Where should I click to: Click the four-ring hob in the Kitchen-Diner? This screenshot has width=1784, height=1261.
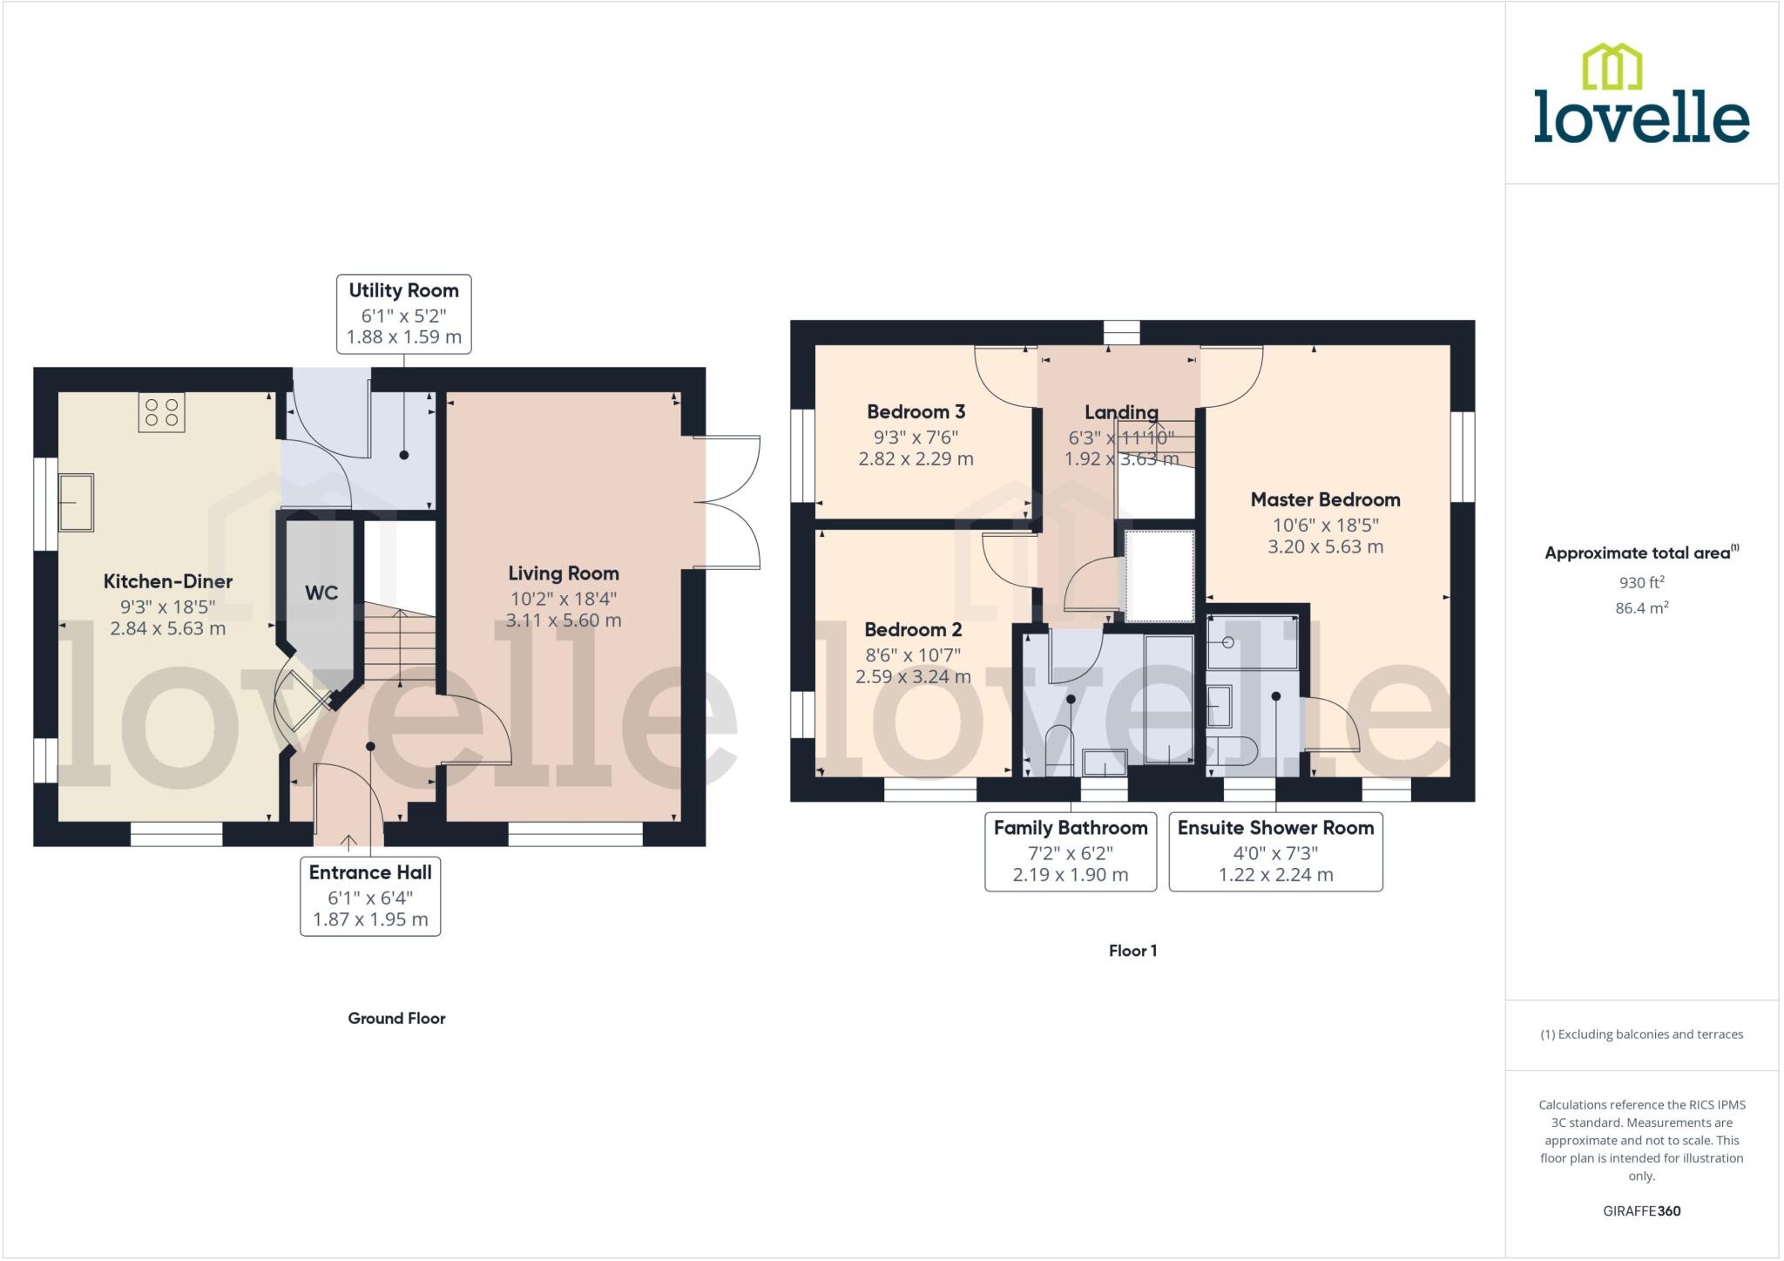pos(161,412)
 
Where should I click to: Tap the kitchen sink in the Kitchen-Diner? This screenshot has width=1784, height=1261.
pos(76,502)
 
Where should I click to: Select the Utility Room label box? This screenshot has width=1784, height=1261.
pos(403,314)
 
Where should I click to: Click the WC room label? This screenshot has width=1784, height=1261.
pos(321,593)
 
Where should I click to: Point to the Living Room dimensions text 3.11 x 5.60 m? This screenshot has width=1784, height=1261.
pos(564,620)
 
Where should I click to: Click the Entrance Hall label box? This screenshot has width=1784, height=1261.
pos(370,896)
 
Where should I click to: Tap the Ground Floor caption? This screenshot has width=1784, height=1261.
pos(396,1018)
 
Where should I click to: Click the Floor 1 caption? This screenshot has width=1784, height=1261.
pos(1132,951)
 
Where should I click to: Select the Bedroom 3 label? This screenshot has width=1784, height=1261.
pos(916,411)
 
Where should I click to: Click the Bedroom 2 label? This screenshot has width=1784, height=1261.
pos(913,629)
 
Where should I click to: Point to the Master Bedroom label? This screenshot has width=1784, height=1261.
pos(1325,499)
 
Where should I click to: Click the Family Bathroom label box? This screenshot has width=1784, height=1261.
pos(1071,851)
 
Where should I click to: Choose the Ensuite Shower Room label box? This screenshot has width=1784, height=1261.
pos(1275,851)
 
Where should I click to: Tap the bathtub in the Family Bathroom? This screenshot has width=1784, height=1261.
pos(1168,700)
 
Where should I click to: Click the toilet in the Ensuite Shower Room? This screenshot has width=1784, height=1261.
pos(1230,750)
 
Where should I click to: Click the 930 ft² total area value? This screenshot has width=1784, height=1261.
pos(1641,582)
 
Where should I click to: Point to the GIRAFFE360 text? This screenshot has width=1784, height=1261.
pos(1641,1210)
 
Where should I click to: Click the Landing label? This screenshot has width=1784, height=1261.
pos(1121,412)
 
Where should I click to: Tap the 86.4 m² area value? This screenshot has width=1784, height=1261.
pos(1641,608)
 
